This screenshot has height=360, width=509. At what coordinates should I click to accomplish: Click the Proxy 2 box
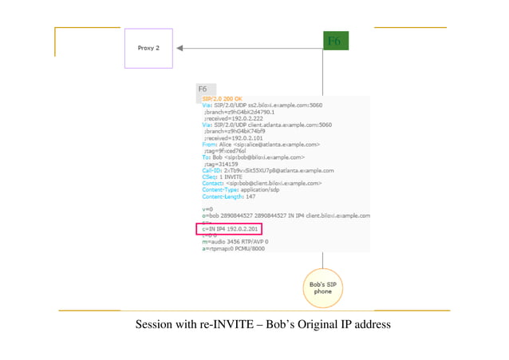(x=148, y=48)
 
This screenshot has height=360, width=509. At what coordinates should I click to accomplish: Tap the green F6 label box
(x=334, y=42)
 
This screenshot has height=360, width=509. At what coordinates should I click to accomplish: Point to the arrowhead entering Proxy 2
(x=181, y=48)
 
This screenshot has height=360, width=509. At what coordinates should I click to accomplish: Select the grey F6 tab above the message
(x=205, y=89)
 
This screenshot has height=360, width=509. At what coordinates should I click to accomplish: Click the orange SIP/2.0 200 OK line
(x=223, y=98)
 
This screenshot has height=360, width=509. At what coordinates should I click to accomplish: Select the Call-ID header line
(x=267, y=170)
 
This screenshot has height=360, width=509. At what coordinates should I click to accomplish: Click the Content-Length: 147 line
(x=229, y=196)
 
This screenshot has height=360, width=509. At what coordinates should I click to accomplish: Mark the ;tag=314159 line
(x=223, y=164)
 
